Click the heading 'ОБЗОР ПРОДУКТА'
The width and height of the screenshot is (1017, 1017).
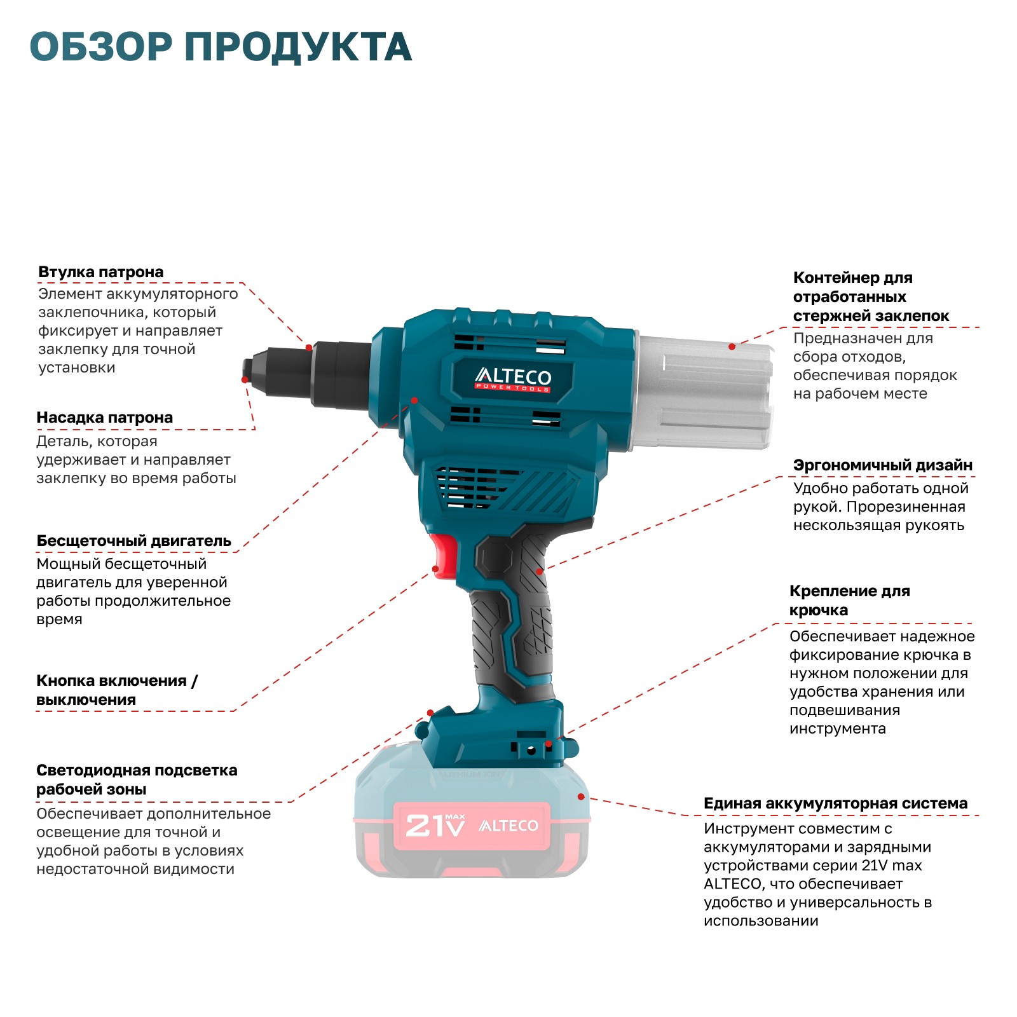221,47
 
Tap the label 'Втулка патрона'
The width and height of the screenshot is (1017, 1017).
101,272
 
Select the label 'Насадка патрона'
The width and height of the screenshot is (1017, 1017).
105,418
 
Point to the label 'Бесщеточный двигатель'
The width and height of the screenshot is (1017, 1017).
134,541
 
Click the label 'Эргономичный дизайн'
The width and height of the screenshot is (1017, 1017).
883,465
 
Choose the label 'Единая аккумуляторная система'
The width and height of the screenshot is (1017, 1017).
836,803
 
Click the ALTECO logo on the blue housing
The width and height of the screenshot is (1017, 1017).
514,378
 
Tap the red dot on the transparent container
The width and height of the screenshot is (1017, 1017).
732,346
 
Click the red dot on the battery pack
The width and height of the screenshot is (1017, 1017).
581,796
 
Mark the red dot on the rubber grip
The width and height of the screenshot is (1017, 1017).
540,571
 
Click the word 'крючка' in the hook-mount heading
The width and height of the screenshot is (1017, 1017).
819,610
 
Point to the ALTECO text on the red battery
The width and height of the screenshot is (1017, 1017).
508,826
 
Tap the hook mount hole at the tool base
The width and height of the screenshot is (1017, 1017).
531,750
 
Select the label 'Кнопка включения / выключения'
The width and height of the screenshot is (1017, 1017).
117,690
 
